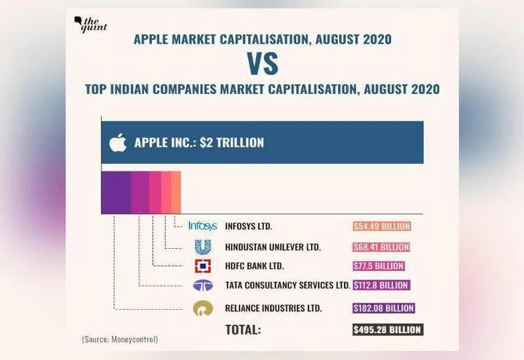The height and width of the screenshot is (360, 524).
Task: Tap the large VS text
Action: pyautogui.click(x=262, y=63)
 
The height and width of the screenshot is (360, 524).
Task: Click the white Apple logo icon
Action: pyautogui.click(x=117, y=142)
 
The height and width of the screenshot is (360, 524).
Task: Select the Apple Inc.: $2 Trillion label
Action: pyautogui.click(x=199, y=142)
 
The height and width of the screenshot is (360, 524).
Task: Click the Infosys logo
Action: pyautogui.click(x=202, y=226)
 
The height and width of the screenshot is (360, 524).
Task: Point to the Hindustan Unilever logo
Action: pyautogui.click(x=202, y=247)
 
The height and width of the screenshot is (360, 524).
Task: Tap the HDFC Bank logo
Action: pyautogui.click(x=202, y=266)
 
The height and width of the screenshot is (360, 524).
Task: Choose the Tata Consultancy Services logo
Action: pyautogui.click(x=202, y=286)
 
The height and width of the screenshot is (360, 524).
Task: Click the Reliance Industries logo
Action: pyautogui.click(x=202, y=308)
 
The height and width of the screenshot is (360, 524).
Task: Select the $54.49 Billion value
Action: pyautogui.click(x=382, y=226)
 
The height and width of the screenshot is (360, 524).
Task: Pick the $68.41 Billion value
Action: pyautogui.click(x=382, y=247)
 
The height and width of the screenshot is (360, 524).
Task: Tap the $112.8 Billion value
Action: pyautogui.click(x=381, y=286)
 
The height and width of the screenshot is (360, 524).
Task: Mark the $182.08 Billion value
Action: pyautogui.click(x=384, y=308)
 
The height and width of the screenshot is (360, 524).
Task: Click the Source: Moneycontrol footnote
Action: pyautogui.click(x=121, y=339)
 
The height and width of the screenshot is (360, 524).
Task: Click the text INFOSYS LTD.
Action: pyautogui.click(x=248, y=226)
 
